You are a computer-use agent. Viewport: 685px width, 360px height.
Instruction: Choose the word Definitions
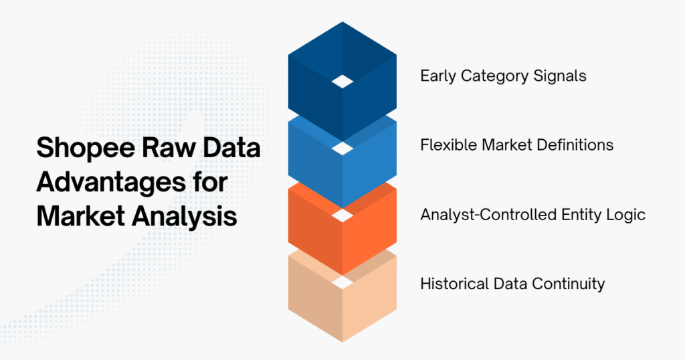tap(571, 145)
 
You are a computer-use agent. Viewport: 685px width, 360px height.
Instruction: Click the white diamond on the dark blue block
tap(342, 81)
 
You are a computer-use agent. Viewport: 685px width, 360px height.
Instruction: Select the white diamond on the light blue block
tap(342, 147)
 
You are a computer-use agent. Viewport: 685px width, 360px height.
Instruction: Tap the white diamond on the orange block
tap(342, 215)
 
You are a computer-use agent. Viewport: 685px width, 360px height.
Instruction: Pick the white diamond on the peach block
tap(342, 283)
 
